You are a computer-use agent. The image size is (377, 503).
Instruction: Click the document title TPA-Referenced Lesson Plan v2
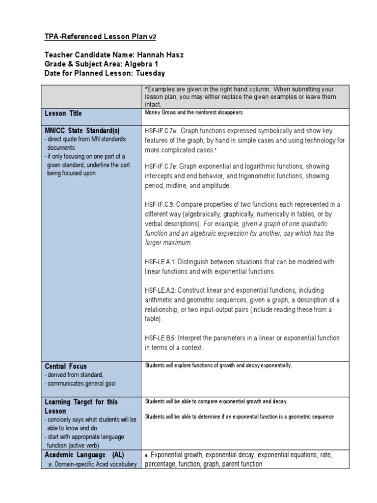pyautogui.click(x=94, y=37)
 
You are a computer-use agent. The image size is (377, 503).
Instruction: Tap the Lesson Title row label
pyautogui.click(x=63, y=113)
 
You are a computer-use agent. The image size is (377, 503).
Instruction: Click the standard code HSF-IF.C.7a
pyautogui.click(x=162, y=131)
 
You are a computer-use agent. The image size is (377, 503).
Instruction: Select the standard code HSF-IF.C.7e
pyautogui.click(x=162, y=167)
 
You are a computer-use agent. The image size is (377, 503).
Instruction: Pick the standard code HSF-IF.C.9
pyautogui.click(x=160, y=204)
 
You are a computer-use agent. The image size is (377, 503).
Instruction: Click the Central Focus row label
pyautogui.click(x=66, y=366)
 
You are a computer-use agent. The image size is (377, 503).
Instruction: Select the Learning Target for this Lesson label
pyautogui.click(x=81, y=406)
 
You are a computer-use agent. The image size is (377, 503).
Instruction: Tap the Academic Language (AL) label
pyautogui.click(x=84, y=455)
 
